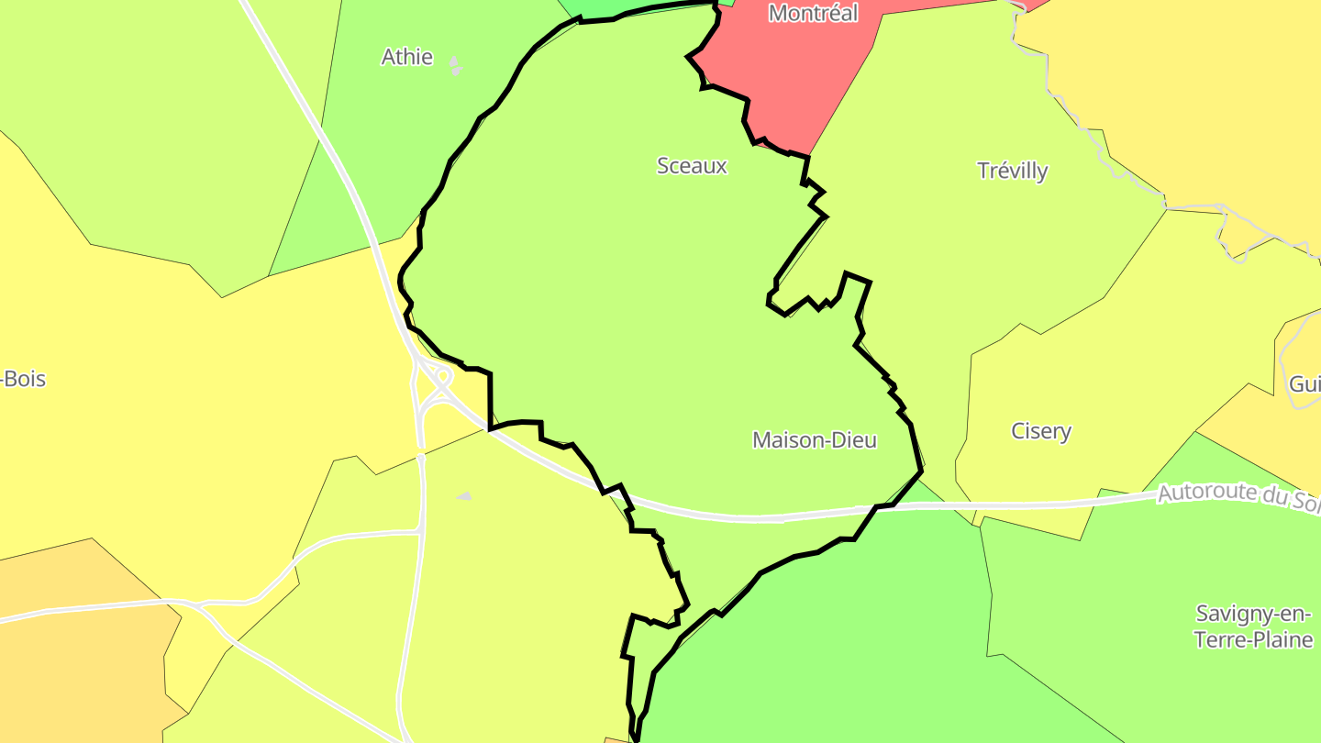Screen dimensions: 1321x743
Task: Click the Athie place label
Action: [406, 57]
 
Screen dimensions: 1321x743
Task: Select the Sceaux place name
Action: [692, 166]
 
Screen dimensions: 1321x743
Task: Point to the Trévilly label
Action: [1013, 171]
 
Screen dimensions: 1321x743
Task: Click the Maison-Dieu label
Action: [814, 440]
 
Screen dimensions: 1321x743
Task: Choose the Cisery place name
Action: [1041, 431]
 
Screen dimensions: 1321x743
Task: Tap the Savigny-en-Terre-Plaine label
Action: [1253, 627]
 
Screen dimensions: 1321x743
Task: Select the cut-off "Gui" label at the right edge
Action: [1304, 384]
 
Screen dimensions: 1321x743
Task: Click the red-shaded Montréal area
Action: [789, 73]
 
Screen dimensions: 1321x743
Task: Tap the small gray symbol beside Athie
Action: [456, 66]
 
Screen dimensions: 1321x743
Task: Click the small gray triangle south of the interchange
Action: [464, 496]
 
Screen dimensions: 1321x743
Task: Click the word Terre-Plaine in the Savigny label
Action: [1253, 639]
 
